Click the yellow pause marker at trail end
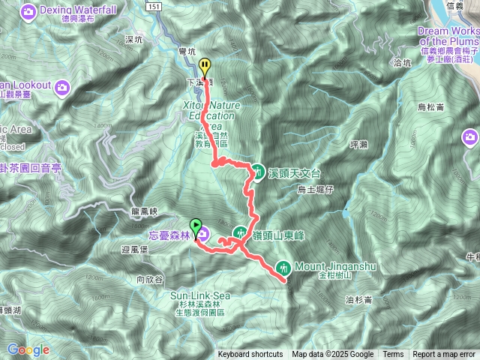pos(205,65)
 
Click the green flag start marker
pos(196,224)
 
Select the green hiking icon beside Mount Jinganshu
pos(283,266)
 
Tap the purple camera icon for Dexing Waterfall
pos(29,11)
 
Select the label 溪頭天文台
pos(294,172)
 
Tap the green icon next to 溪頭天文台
pos(257,172)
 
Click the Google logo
pos(28,349)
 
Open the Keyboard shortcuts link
pos(250,355)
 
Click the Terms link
pos(393,355)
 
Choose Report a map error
pos(445,355)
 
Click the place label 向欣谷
pos(150,279)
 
